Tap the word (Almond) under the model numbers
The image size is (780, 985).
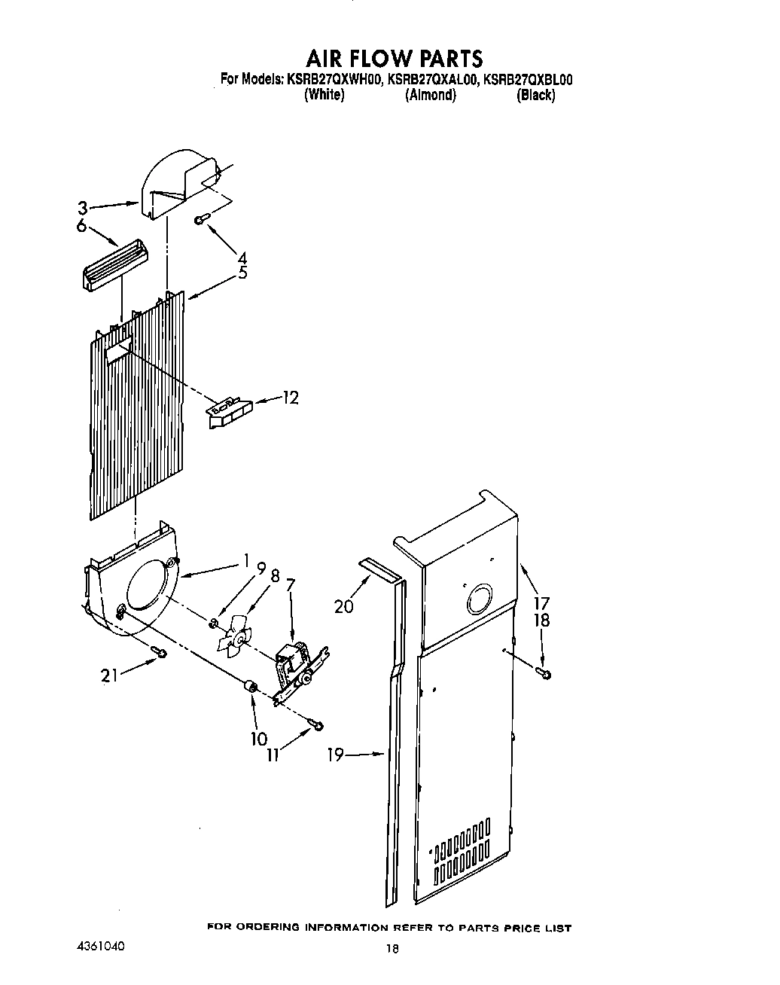pos(431,95)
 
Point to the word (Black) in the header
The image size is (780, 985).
pos(535,95)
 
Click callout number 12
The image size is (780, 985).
pos(290,398)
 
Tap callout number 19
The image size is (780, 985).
pos(336,755)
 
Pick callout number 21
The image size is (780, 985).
pos(111,676)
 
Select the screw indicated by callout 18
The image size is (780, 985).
pos(544,672)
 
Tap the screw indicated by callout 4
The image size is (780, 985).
pos(200,218)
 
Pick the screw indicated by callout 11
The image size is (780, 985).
pos(318,724)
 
